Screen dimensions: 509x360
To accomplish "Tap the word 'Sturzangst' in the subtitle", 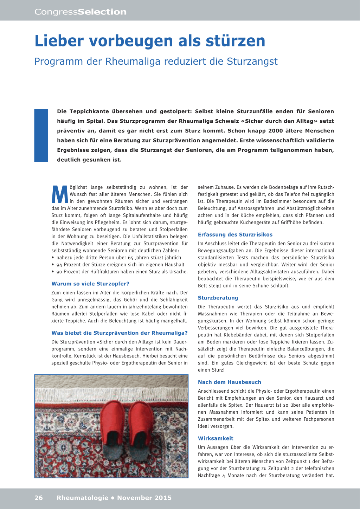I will click(x=252, y=62).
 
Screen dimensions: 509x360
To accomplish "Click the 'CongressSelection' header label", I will click(x=80, y=12).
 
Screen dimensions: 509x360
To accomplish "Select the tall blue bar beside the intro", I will click(x=41, y=135).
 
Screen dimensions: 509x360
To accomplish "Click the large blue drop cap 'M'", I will click(x=60, y=194).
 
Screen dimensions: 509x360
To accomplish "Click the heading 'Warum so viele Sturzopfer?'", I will click(x=90, y=284).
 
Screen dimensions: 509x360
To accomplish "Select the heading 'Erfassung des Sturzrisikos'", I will click(x=235, y=234).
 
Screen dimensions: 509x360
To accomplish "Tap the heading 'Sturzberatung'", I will click(x=218, y=298).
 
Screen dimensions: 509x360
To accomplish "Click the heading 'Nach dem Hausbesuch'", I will click(x=229, y=382).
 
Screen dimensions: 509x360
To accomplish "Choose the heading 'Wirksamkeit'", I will click(x=216, y=438).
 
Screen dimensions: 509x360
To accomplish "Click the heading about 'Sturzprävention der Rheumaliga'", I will click(x=120, y=333).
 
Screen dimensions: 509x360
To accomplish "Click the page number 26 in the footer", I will click(x=39, y=498).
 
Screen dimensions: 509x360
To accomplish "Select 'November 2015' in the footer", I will click(x=144, y=498).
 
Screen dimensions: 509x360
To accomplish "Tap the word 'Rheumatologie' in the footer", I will click(x=82, y=498).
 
